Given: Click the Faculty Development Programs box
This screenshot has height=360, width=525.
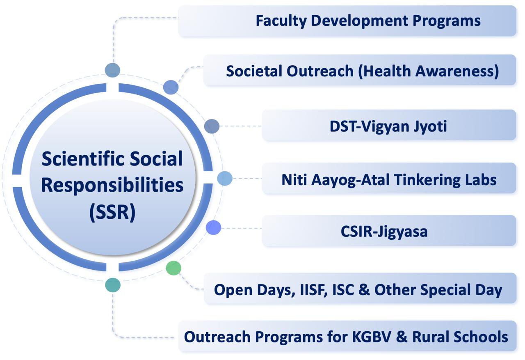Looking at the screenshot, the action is [x=347, y=21].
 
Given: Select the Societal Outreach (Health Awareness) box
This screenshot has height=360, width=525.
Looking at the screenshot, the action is [x=360, y=70].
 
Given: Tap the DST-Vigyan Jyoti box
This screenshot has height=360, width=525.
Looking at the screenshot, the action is [x=389, y=125].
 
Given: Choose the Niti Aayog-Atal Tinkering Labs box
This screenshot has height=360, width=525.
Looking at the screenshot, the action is [x=389, y=178].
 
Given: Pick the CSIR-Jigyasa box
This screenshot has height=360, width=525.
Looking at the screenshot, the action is [x=389, y=231].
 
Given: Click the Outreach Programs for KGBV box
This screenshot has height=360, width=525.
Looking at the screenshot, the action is [x=347, y=336].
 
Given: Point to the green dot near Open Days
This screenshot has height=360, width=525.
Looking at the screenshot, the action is [x=173, y=268].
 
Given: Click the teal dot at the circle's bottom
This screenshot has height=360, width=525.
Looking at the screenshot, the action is [x=113, y=285].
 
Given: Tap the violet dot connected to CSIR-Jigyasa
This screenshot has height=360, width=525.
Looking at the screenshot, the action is [x=213, y=227].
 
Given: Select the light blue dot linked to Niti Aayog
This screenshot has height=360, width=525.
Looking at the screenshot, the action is [x=225, y=179].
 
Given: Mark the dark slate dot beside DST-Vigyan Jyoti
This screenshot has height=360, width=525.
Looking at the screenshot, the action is [x=212, y=126].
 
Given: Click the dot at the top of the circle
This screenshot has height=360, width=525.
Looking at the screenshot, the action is [x=112, y=70].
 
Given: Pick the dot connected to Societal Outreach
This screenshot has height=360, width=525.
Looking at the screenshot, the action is [x=171, y=87].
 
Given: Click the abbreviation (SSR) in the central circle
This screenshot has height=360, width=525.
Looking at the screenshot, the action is [x=112, y=212].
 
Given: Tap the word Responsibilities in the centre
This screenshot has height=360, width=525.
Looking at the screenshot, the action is [x=112, y=186].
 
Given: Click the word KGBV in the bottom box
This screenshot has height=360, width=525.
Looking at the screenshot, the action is [x=372, y=337].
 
